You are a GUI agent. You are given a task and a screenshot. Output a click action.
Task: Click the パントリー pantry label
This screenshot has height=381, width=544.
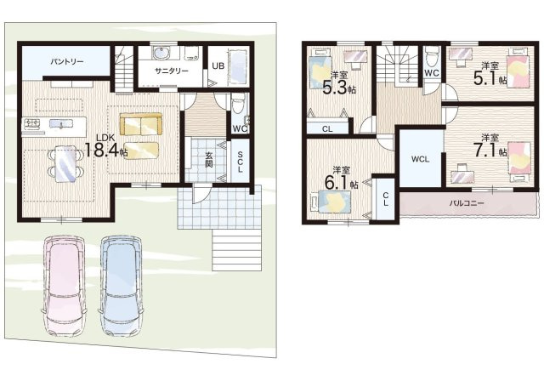tap(67, 62)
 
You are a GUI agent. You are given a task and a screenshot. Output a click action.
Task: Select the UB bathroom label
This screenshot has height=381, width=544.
tap(218, 65)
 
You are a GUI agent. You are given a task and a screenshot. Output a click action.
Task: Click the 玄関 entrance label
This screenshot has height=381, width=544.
tap(208, 160)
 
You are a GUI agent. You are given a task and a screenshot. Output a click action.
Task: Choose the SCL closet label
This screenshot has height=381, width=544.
tap(240, 162)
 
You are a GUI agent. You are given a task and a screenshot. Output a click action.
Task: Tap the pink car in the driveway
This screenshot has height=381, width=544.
tap(65, 286)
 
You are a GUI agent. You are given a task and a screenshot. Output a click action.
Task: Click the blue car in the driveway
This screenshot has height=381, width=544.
tap(121, 286)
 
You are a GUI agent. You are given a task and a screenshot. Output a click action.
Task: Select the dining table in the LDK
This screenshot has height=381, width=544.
tap(65, 164)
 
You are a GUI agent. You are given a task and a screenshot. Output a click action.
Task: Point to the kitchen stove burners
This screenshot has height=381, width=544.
tap(31, 123)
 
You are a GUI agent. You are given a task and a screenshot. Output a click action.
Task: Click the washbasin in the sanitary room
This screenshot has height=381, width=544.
tap(161, 53)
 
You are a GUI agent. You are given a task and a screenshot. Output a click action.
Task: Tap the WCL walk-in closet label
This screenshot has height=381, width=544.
tap(420, 159)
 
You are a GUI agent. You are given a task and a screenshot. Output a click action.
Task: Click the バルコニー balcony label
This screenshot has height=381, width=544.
tap(467, 203)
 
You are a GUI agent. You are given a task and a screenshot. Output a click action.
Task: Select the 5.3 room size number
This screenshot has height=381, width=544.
tap(335, 88)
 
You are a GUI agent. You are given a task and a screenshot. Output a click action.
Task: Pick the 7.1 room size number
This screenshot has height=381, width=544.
tap(485, 151)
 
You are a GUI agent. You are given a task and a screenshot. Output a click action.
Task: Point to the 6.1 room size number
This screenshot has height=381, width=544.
tap(337, 183)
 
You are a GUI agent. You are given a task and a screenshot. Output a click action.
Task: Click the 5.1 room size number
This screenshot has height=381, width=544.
tap(485, 78)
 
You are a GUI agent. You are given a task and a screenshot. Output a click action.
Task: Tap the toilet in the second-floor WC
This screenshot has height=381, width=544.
tap(431, 58)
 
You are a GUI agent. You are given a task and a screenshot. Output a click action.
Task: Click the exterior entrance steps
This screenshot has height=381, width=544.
tap(236, 250)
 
